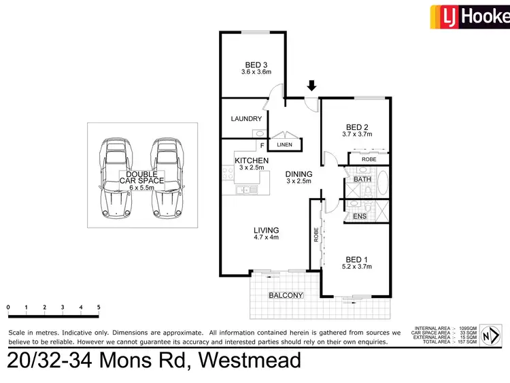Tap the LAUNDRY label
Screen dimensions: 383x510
click(246, 118)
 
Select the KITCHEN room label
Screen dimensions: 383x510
click(251, 161)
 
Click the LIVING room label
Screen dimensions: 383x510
click(265, 231)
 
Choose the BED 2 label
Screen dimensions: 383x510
click(356, 127)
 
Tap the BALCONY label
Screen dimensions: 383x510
click(286, 295)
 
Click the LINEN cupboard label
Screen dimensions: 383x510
click(285, 145)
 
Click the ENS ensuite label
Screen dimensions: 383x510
click(360, 216)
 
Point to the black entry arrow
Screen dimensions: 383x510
click(311, 86)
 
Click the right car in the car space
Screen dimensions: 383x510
click(166, 178)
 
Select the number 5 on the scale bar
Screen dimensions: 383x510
click(99, 307)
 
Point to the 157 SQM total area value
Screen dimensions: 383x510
click(469, 342)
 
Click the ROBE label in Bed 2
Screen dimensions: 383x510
click(369, 159)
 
